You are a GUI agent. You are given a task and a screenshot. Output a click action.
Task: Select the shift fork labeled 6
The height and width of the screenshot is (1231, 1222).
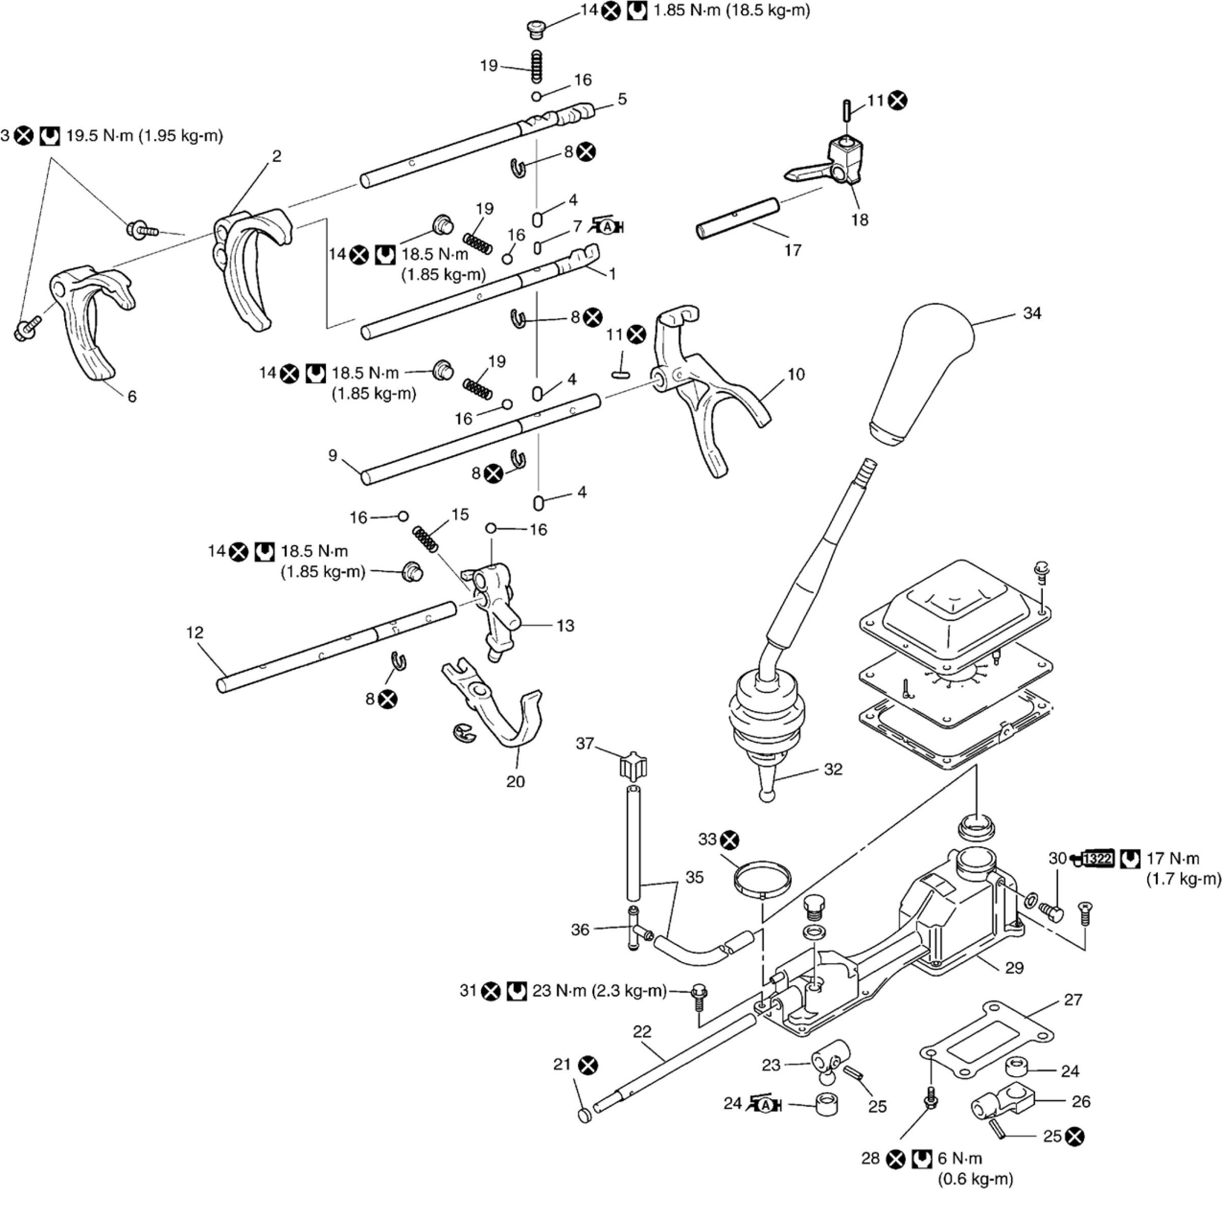(x=92, y=322)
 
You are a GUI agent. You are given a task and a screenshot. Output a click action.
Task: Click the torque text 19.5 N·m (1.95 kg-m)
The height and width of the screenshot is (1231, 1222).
(x=145, y=136)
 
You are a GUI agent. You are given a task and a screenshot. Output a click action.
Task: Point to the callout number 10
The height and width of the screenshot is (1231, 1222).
(x=796, y=374)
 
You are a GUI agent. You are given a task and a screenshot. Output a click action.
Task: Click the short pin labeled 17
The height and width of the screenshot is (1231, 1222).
(x=738, y=218)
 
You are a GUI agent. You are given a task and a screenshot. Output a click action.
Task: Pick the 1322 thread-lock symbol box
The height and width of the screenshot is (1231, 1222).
(x=1098, y=858)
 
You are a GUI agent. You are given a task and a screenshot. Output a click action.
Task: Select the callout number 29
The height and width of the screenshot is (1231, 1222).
(x=1014, y=968)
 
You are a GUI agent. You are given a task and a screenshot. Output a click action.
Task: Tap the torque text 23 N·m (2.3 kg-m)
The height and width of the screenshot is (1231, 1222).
(x=599, y=991)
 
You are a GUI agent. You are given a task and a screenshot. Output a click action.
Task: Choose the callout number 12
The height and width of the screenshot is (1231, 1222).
(x=195, y=632)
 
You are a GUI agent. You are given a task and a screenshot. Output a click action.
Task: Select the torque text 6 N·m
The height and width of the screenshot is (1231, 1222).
(x=959, y=1158)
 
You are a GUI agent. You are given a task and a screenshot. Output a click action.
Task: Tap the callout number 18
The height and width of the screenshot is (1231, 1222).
(x=859, y=220)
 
